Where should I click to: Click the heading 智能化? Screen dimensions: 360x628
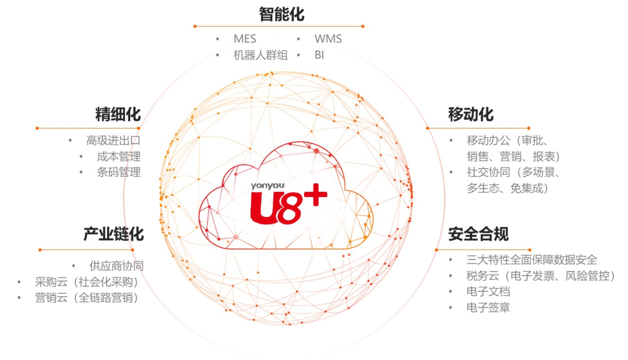(281, 14)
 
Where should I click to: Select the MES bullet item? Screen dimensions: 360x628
(245, 39)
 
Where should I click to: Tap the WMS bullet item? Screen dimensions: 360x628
(328, 39)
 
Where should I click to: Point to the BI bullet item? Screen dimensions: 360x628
(319, 55)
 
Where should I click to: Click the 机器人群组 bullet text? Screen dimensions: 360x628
(261, 55)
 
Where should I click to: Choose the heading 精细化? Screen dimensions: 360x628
(118, 114)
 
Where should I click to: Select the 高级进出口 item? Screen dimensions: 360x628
(113, 140)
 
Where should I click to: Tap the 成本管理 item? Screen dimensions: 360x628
(119, 156)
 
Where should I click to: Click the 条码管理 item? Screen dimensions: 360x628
(119, 172)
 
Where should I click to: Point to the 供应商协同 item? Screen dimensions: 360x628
(116, 266)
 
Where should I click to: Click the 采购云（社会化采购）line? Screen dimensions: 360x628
(87, 282)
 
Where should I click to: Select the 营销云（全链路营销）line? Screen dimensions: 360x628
(87, 298)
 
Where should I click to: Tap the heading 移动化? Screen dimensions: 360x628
(470, 114)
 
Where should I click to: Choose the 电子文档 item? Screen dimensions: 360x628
(488, 291)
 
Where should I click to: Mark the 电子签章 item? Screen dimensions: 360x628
(488, 308)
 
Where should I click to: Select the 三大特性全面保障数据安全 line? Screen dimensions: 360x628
(531, 259)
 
